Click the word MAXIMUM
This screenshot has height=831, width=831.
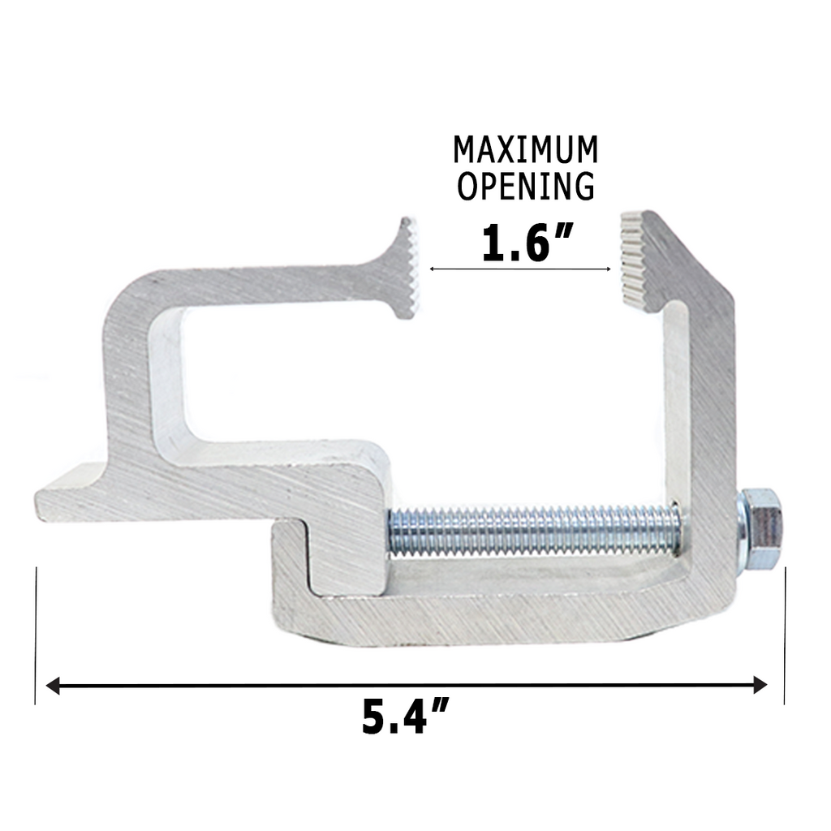click(x=525, y=150)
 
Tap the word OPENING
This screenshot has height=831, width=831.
click(x=525, y=186)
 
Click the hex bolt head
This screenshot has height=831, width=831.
click(x=763, y=527)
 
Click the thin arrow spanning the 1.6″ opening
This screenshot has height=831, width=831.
click(x=519, y=269)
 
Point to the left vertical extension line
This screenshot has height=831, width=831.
click(x=37, y=633)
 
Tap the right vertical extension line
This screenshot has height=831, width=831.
click(x=785, y=633)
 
